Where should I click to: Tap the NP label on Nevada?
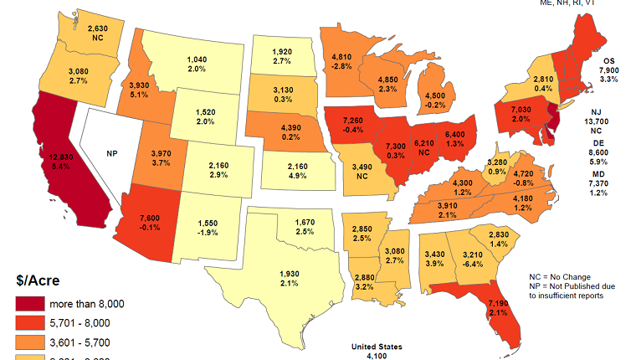tap(111, 153)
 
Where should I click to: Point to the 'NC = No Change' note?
tap(560, 276)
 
